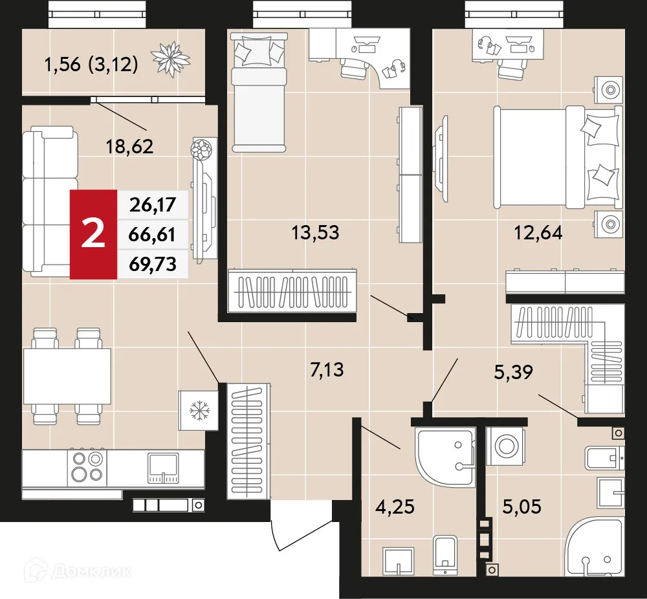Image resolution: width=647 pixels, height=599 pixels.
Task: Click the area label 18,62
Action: click(129, 147)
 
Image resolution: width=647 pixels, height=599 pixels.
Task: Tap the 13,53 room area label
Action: click(316, 232)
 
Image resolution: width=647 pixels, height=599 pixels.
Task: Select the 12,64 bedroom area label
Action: click(538, 232)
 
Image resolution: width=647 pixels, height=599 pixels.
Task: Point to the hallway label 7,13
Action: click(327, 371)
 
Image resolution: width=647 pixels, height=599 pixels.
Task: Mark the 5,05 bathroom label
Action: click(521, 505)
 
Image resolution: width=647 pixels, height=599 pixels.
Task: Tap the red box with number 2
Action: click(94, 234)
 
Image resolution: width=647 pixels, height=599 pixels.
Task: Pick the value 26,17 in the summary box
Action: click(153, 207)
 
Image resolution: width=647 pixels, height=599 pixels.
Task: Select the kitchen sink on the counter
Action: click(163, 467)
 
